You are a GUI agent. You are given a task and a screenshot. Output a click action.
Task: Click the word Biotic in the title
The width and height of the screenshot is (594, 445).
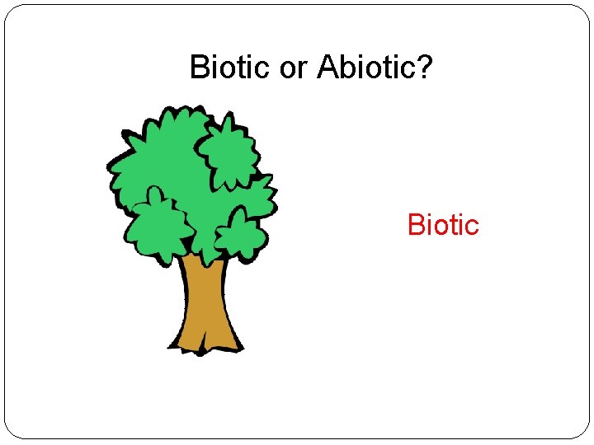tap(231, 67)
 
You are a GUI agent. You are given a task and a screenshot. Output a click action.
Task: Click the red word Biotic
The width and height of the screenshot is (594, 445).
tap(443, 224)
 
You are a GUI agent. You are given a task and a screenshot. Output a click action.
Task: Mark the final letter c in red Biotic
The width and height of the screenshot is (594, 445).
tap(472, 225)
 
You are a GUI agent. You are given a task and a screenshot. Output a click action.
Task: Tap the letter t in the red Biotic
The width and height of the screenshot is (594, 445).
tap(453, 224)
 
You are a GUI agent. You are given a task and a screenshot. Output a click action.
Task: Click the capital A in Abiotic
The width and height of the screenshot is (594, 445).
tap(326, 67)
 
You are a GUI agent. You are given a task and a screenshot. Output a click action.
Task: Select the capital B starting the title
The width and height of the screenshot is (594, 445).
tap(199, 67)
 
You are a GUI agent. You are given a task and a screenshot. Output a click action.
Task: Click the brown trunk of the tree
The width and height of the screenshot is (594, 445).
tap(202, 297)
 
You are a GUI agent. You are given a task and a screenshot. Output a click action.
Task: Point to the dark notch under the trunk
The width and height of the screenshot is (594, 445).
tap(203, 350)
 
